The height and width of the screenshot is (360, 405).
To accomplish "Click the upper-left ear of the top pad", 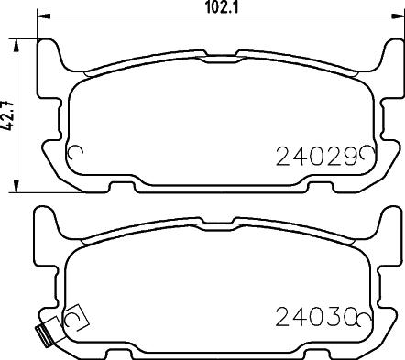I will pos(53,57).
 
